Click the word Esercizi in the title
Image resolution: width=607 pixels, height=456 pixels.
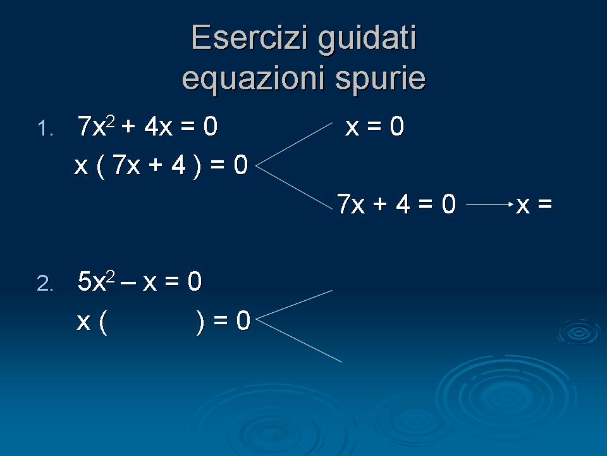point(250,37)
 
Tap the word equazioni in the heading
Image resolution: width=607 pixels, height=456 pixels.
point(253,79)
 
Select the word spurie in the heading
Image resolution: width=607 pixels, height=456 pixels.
point(380,79)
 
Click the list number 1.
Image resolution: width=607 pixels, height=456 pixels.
point(46,129)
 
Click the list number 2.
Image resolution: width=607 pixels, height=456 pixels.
point(45,284)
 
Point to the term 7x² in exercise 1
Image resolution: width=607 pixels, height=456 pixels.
point(96,126)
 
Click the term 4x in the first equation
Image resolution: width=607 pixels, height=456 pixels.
point(158,127)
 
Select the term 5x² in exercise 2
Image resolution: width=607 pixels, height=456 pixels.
point(96,281)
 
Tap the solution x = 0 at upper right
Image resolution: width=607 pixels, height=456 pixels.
point(374,127)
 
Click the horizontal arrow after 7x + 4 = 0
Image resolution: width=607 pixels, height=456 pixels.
point(490,205)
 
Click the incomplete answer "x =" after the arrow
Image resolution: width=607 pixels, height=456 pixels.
point(534,205)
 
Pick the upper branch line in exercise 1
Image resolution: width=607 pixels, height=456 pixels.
point(294,144)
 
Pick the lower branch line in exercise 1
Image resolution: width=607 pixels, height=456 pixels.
point(294,187)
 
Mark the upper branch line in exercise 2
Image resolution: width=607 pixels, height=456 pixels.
point(294,305)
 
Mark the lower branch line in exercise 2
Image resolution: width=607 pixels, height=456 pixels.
point(299,341)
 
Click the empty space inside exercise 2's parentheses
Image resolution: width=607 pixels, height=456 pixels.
point(152,322)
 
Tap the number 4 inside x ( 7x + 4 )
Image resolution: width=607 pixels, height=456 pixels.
point(178,165)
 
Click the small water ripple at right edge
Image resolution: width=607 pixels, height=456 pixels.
point(579,332)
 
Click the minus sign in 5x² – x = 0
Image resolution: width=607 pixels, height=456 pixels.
point(128,282)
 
